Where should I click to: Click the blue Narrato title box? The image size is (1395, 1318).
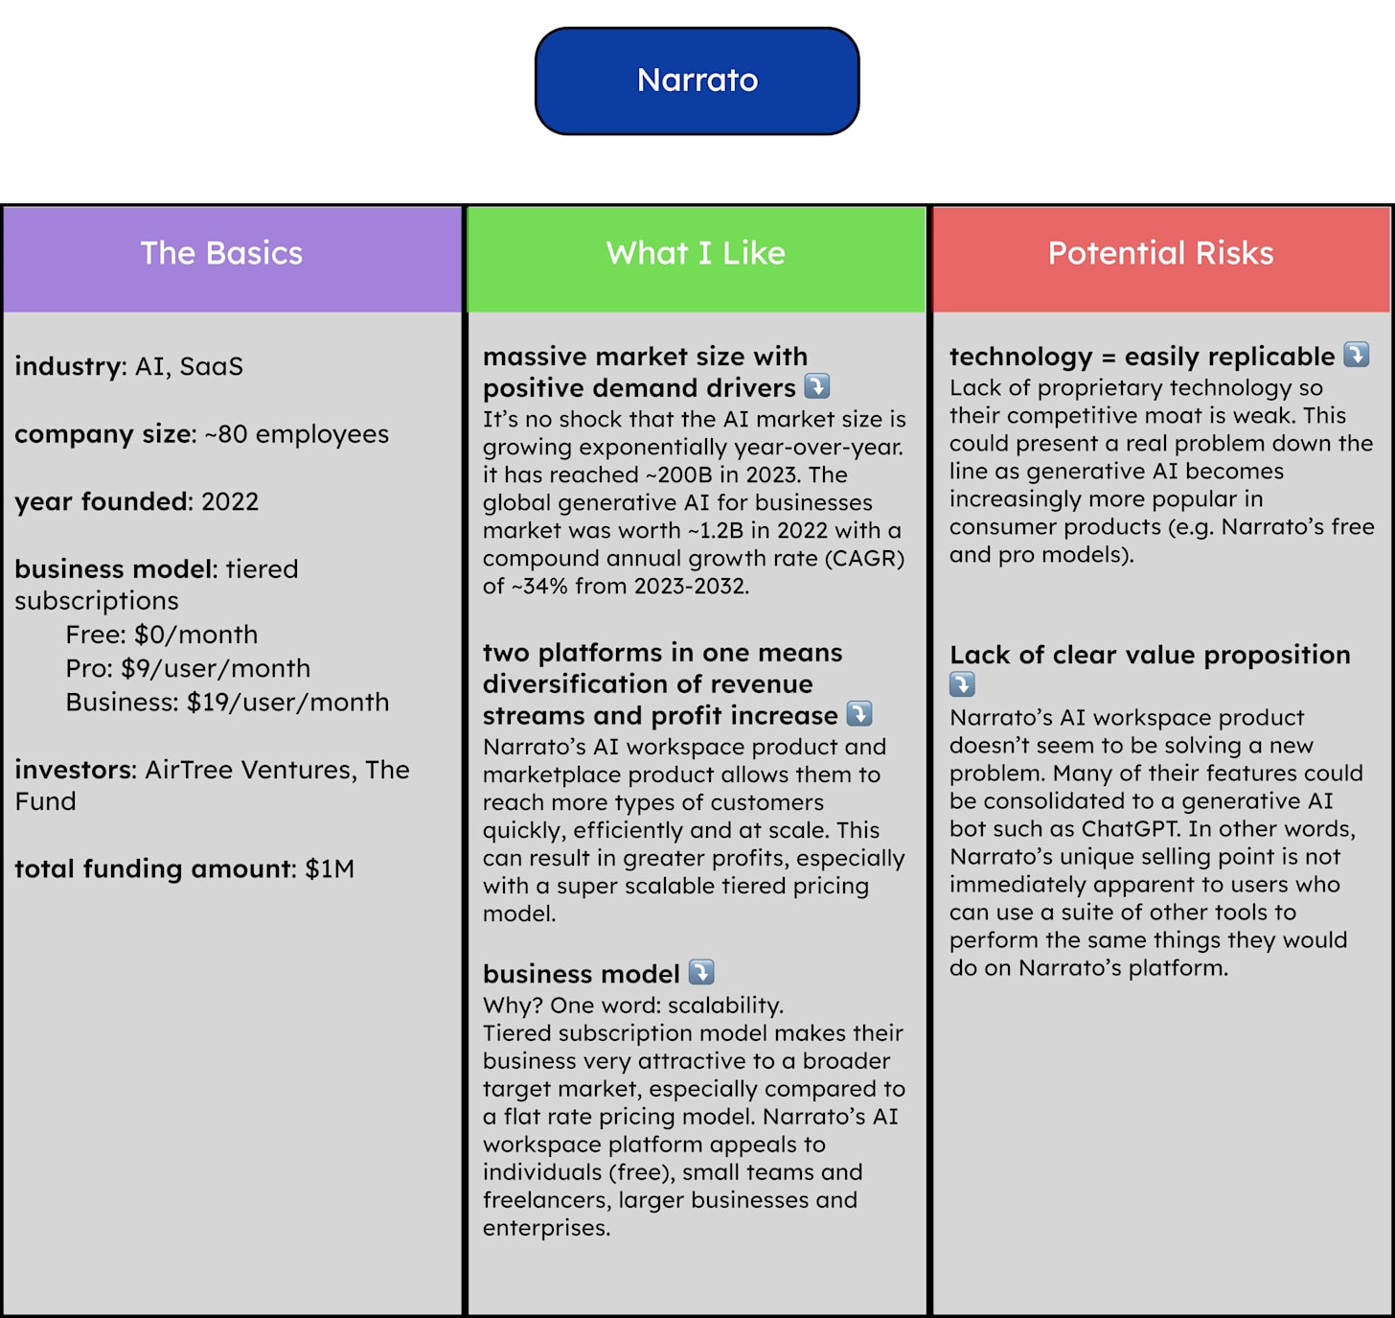click(x=697, y=81)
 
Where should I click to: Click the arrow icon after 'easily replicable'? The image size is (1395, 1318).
click(x=1356, y=355)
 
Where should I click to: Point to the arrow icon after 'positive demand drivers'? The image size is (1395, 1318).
click(x=816, y=386)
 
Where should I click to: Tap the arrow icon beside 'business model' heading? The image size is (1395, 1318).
click(x=701, y=972)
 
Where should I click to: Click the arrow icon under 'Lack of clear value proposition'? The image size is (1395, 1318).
click(x=962, y=684)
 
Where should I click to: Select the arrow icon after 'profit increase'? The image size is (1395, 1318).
click(x=859, y=714)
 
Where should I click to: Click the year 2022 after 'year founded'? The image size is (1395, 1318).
click(x=230, y=501)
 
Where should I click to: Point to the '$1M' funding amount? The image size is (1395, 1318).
click(x=330, y=869)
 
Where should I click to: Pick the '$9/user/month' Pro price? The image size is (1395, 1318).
click(x=216, y=668)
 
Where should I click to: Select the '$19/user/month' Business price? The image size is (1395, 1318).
click(x=287, y=702)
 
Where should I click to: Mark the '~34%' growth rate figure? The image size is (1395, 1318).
click(x=540, y=586)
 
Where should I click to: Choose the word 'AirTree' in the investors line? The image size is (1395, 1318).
click(x=189, y=770)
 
